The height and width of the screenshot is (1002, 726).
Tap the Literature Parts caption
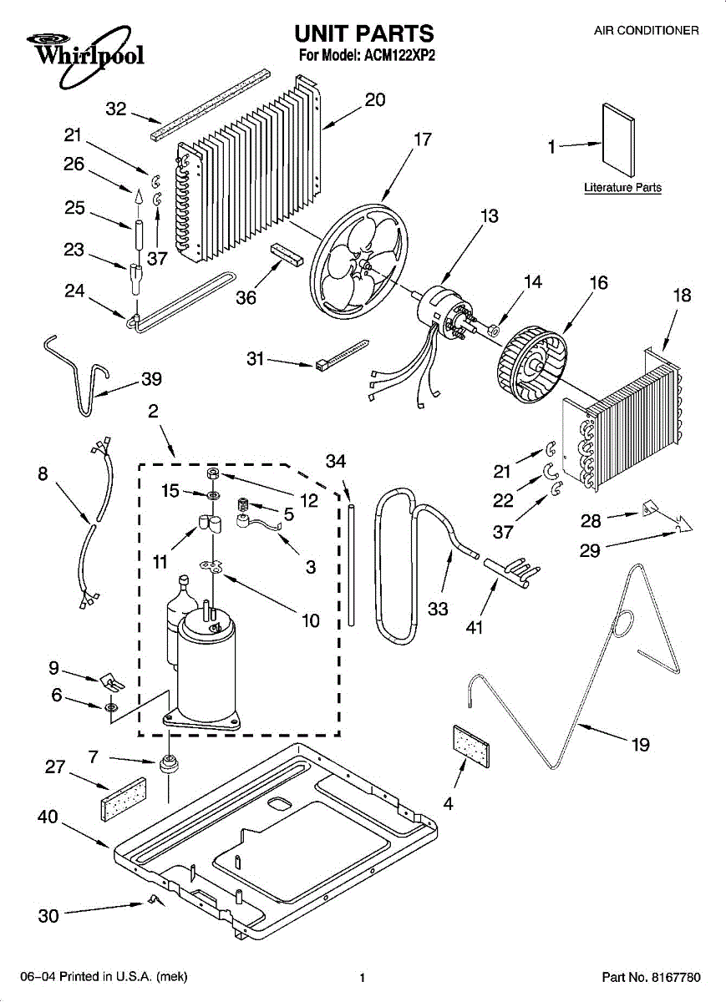pyautogui.click(x=622, y=188)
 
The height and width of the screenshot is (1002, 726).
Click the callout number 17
pyautogui.click(x=424, y=139)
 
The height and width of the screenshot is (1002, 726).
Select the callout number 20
pyautogui.click(x=375, y=99)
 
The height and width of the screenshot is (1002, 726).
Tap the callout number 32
pyautogui.click(x=116, y=109)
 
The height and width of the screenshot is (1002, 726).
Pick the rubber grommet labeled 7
pyautogui.click(x=170, y=763)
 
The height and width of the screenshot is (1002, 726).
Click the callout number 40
pyautogui.click(x=48, y=817)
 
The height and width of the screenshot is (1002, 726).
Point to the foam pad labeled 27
pyautogui.click(x=123, y=798)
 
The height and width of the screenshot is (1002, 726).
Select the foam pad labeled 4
pyautogui.click(x=471, y=745)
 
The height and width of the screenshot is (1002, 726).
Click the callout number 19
pyautogui.click(x=641, y=745)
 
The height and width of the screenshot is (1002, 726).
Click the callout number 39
pyautogui.click(x=151, y=379)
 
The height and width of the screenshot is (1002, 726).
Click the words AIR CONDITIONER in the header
pyautogui.click(x=646, y=31)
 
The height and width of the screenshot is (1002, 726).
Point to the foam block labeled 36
pyautogui.click(x=285, y=255)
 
